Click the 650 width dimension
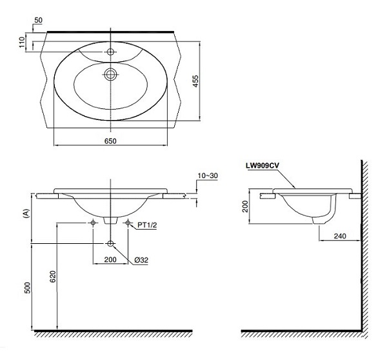(x=110, y=141)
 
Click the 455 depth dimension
(x=195, y=81)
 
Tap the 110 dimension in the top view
(x=22, y=42)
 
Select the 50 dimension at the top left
(x=38, y=20)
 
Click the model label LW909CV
(x=262, y=166)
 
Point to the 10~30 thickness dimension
(x=208, y=175)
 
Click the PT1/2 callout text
(x=147, y=225)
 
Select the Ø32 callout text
(x=141, y=260)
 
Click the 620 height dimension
(x=53, y=277)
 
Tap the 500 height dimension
(x=27, y=288)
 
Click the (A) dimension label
(x=26, y=213)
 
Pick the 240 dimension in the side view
(x=340, y=236)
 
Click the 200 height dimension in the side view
(x=245, y=206)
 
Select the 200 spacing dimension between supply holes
(x=110, y=259)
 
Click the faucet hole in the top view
(x=110, y=52)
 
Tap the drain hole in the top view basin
(x=110, y=74)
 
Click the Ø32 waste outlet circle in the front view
(x=110, y=243)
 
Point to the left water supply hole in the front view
(x=93, y=223)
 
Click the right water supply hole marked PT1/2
(x=128, y=223)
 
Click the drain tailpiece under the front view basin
(x=110, y=221)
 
